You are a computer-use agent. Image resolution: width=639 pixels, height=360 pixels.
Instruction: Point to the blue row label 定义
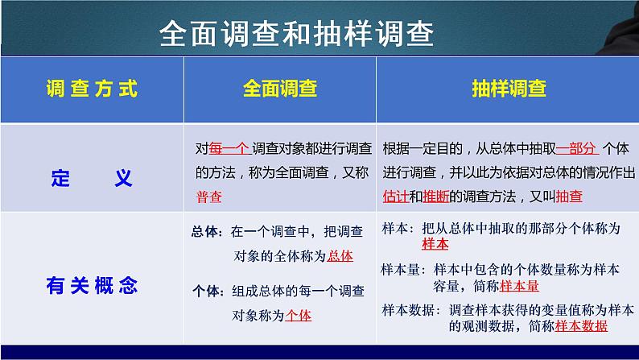[x=92, y=178]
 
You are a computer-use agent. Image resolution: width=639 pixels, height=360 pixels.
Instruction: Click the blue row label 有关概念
[x=92, y=283]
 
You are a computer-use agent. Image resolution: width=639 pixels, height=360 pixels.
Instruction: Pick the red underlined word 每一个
[x=228, y=148]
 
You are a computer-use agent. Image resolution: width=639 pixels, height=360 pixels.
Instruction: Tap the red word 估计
[x=395, y=196]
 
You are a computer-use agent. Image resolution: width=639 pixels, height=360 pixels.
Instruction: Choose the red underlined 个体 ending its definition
[x=299, y=316]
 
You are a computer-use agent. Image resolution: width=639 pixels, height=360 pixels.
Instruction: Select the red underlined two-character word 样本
[x=435, y=244]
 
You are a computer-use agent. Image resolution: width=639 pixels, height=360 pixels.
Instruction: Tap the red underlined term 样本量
[x=519, y=286]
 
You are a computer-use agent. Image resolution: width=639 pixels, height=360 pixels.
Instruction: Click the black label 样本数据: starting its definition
[x=408, y=309]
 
